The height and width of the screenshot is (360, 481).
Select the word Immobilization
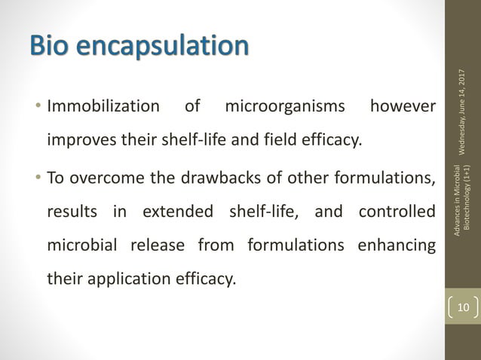[103, 106]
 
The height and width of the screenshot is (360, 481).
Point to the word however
[403, 106]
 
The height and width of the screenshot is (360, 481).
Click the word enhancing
[398, 246]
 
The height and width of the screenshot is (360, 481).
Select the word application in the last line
[139, 279]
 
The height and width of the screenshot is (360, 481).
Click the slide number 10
[461, 307]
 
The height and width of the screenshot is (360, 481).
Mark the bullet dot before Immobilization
[41, 106]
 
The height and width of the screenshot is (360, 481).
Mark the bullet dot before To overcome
[41, 177]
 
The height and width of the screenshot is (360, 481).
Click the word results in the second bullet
[72, 212]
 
